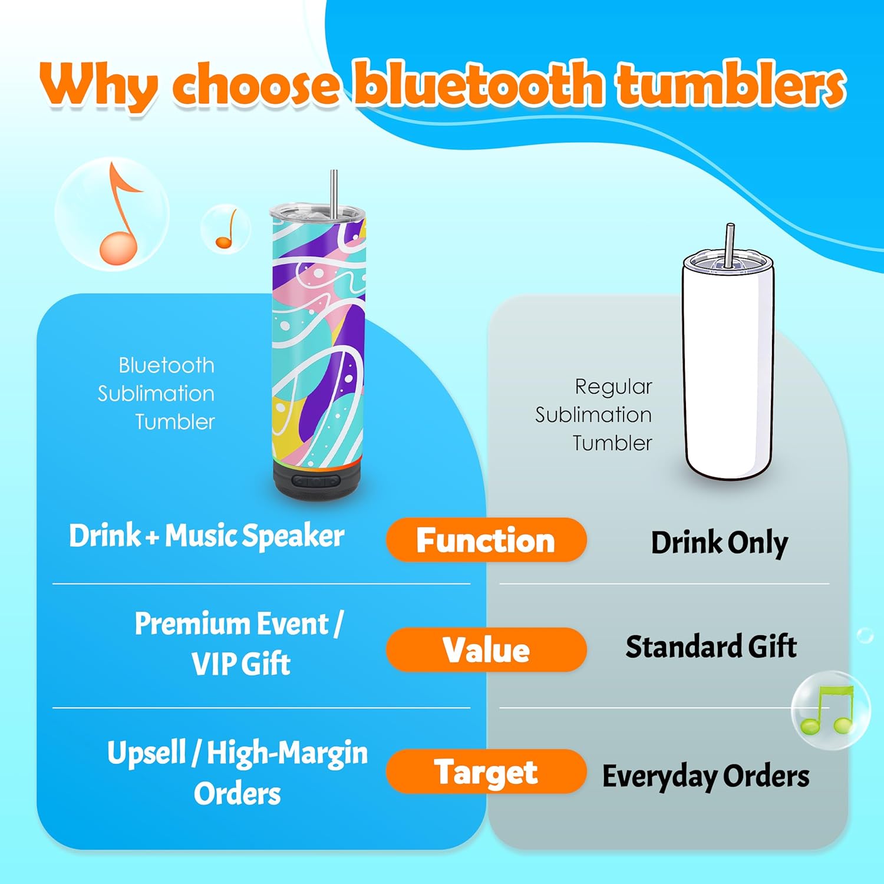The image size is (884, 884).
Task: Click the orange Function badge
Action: [x=486, y=540]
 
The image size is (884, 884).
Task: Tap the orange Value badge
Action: [x=486, y=649]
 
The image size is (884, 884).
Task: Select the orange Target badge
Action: [x=486, y=771]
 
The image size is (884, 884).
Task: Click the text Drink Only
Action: [x=719, y=542]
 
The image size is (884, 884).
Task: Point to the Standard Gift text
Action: [x=711, y=646]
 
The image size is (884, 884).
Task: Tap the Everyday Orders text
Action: [x=705, y=776]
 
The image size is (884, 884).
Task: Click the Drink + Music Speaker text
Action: [x=206, y=536]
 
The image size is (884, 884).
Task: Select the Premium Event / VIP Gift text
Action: [x=239, y=644]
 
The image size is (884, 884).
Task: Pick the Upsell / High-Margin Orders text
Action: [x=238, y=772]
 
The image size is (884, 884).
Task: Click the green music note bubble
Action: [x=830, y=710]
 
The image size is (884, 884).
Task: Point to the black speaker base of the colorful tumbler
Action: [x=316, y=479]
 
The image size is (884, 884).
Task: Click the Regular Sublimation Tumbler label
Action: [x=593, y=415]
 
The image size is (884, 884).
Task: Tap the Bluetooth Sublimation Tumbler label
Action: [x=156, y=394]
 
